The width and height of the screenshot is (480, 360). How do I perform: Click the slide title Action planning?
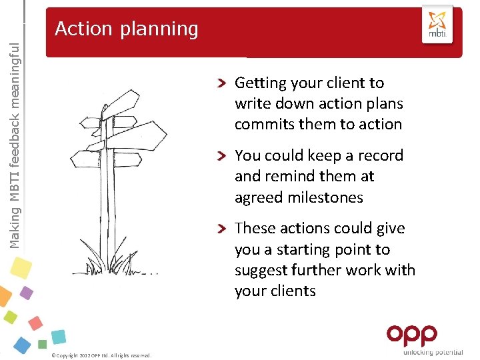coord(127,29)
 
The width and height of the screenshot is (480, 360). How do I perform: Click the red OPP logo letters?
coord(412,335)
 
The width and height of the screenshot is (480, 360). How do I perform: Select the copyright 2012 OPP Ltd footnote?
coord(101,355)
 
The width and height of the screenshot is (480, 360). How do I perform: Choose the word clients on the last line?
coord(294,291)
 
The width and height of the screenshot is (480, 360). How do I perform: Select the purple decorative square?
coord(26,293)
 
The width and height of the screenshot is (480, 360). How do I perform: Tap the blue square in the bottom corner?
coord(22,345)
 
